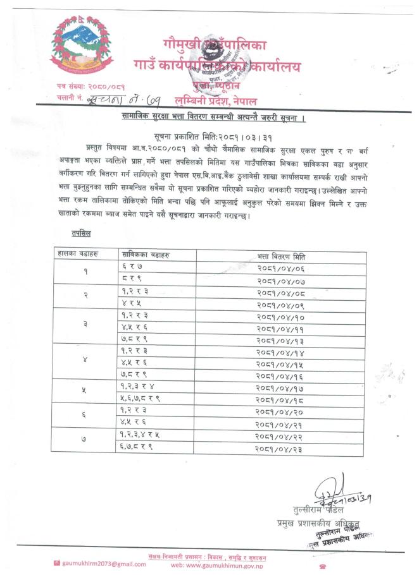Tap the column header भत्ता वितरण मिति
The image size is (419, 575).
280,256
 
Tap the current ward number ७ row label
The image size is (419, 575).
85,444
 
